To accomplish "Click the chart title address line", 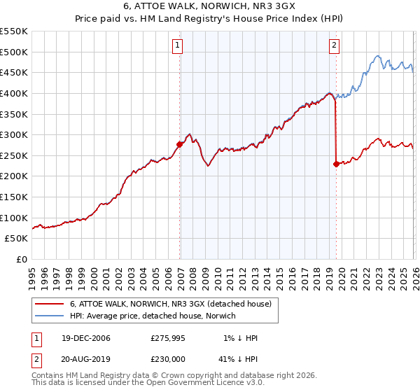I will click(x=210, y=6).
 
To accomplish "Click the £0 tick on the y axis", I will click(x=22, y=260).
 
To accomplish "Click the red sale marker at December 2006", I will click(x=180, y=145).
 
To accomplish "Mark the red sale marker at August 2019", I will click(x=336, y=164).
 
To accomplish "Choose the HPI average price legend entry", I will click(x=153, y=316).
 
